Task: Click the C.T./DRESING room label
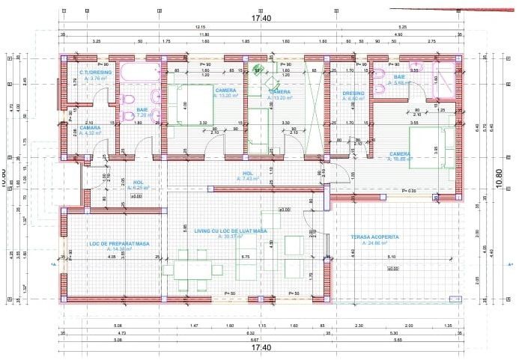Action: (95, 72)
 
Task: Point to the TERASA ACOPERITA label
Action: (374, 237)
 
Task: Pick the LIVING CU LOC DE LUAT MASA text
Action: (231, 231)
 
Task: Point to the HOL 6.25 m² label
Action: (139, 182)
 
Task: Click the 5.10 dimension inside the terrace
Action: (392, 257)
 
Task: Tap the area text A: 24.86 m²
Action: (374, 243)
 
